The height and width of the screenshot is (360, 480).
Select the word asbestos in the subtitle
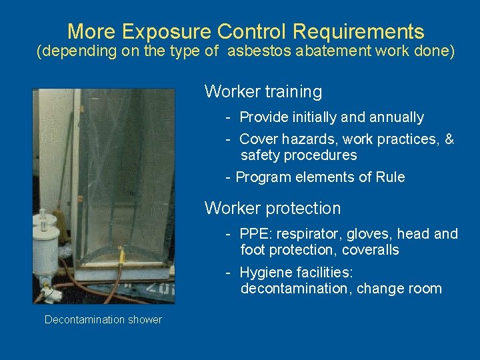tap(261, 52)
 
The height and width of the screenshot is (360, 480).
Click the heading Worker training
tap(263, 91)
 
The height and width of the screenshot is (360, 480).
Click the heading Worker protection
tap(272, 208)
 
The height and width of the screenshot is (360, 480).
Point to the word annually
tap(393, 117)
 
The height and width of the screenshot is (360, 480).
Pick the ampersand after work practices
tap(449, 139)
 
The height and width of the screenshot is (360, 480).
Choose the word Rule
tap(390, 177)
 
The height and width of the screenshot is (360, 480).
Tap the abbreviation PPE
tap(253, 234)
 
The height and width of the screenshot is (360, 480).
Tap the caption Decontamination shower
tap(103, 320)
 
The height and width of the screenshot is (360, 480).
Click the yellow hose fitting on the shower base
tap(121, 254)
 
